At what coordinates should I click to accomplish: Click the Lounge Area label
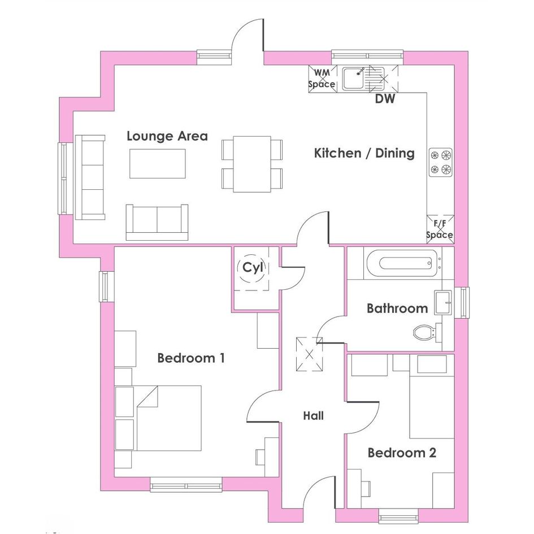point(167,136)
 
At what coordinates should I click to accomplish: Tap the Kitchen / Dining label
point(364,153)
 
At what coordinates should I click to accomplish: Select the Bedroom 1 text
point(191,358)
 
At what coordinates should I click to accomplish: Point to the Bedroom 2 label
point(402,453)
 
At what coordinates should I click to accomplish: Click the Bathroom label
point(397,308)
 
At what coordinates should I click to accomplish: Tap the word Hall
point(313,415)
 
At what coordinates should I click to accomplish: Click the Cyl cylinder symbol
point(253,268)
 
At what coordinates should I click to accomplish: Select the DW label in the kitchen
point(385,99)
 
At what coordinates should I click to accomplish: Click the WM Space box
point(323,79)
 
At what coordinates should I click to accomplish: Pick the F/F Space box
point(440,229)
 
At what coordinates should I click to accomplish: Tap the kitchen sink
point(363,79)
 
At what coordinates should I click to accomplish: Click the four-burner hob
point(441,162)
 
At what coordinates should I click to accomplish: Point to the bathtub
point(404,263)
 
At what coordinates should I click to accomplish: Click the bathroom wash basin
point(443,302)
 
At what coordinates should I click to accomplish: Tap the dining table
point(252,164)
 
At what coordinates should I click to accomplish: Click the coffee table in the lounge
point(158,163)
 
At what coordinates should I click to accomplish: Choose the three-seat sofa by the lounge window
point(90,177)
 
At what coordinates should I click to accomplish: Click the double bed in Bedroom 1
point(168,418)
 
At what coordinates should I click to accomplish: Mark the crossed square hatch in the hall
point(309,354)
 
